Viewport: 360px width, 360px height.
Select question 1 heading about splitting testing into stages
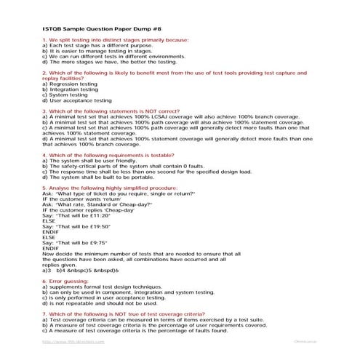point(109,40)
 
